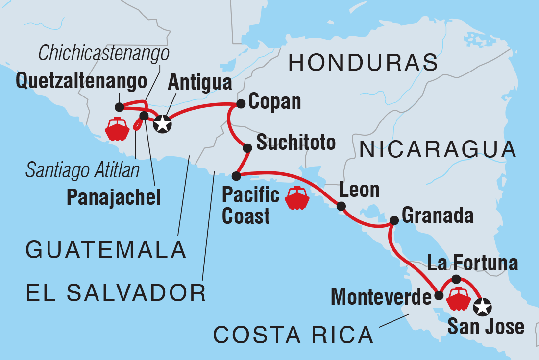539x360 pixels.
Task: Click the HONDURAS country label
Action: pyautogui.click(x=363, y=63)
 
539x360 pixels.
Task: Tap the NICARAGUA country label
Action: pyautogui.click(x=438, y=149)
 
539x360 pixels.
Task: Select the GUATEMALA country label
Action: pyautogui.click(x=106, y=250)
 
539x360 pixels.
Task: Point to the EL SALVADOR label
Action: pyautogui.click(x=116, y=293)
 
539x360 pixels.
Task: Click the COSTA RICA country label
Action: pyautogui.click(x=293, y=335)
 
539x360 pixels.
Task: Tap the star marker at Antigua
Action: pyautogui.click(x=163, y=124)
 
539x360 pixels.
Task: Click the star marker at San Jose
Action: pyautogui.click(x=483, y=307)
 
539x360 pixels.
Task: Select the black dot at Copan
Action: pyautogui.click(x=241, y=104)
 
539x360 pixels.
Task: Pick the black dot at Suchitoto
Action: pyautogui.click(x=247, y=147)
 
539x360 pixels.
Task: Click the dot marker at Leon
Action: pyautogui.click(x=342, y=206)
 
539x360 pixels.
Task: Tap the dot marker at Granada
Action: pyautogui.click(x=393, y=220)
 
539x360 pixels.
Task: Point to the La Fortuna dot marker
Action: pyautogui.click(x=456, y=279)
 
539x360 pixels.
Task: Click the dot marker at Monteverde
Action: pyautogui.click(x=439, y=295)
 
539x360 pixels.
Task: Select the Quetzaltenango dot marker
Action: pyautogui.click(x=119, y=107)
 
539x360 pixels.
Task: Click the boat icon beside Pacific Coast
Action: pyautogui.click(x=297, y=198)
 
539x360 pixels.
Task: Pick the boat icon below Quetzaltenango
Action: pyautogui.click(x=117, y=129)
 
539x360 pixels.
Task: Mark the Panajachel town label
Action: pyautogui.click(x=114, y=197)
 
